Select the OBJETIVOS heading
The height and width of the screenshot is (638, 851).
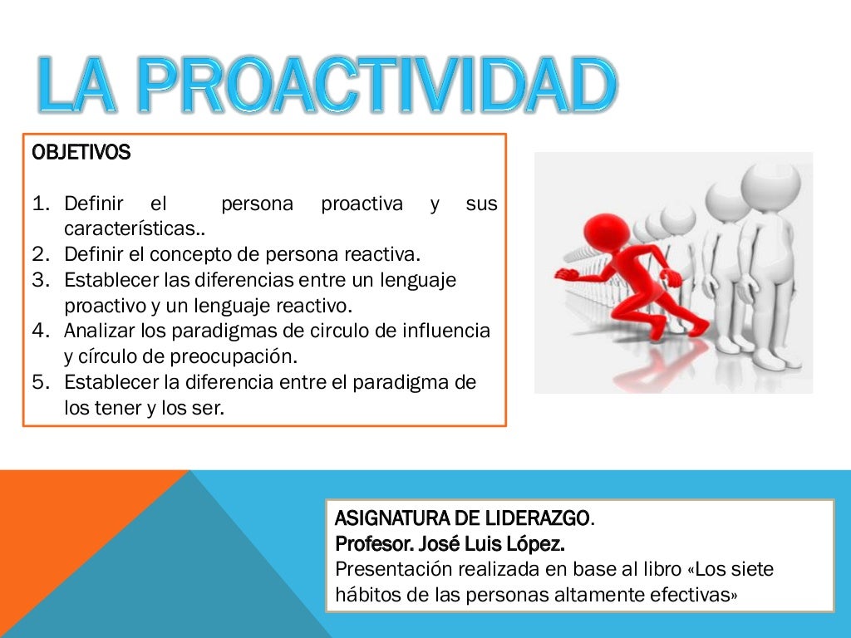[x=81, y=153]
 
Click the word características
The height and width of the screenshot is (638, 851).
[x=133, y=228]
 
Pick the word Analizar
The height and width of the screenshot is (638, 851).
[x=99, y=331]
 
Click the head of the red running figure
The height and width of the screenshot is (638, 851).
[x=605, y=229]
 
